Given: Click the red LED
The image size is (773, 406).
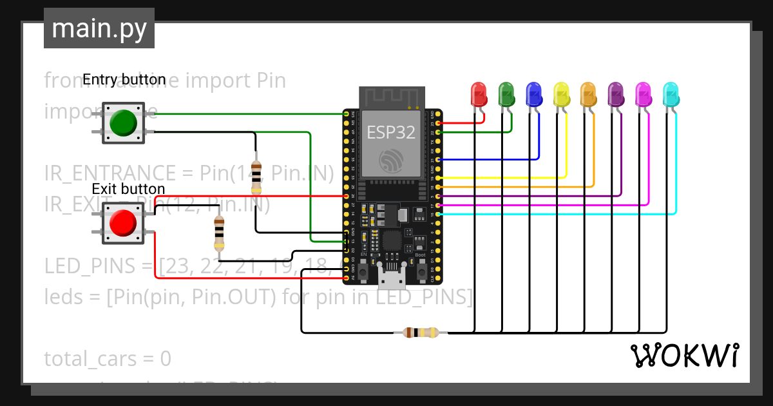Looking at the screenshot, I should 479,94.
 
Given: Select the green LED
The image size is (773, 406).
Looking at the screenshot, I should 506,94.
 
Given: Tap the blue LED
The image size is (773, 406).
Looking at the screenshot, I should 533,94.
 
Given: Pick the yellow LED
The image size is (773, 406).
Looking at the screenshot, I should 561,94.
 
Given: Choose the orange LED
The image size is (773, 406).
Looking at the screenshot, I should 588,94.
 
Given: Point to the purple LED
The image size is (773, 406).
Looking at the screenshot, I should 616,94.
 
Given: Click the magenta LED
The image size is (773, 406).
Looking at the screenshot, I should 643,94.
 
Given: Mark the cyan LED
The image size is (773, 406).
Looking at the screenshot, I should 671,94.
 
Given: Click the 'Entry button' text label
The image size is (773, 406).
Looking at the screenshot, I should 124,80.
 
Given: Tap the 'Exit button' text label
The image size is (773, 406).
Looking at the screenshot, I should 128,189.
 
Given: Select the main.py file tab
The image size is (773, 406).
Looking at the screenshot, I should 99,28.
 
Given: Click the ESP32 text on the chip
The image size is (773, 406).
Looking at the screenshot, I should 391,132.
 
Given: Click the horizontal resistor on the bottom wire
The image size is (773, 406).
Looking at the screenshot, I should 420,333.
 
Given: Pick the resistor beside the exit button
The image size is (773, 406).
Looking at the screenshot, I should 219,231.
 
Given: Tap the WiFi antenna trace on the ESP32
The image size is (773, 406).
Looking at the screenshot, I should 391,97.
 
